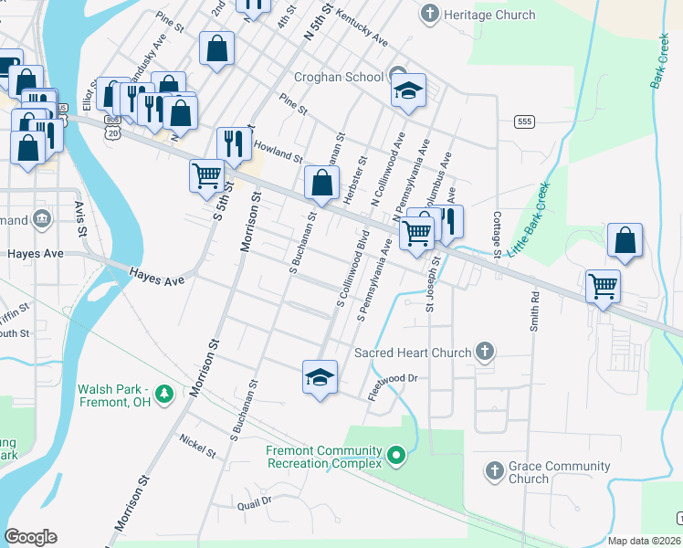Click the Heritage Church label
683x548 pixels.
pos(489,16)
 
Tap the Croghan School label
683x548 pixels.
pos(338,77)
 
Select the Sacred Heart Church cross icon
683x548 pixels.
pos(485,352)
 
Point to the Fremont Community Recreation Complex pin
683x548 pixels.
pos(395,454)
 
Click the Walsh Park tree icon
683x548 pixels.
pos(163,394)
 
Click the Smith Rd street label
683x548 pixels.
pos(534,311)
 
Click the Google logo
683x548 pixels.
pos(30,536)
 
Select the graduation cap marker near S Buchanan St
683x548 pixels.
pos(320,376)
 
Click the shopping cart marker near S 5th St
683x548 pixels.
pos(206,174)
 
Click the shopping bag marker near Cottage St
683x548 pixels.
pos(625,241)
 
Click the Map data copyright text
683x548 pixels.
pos(644,541)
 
